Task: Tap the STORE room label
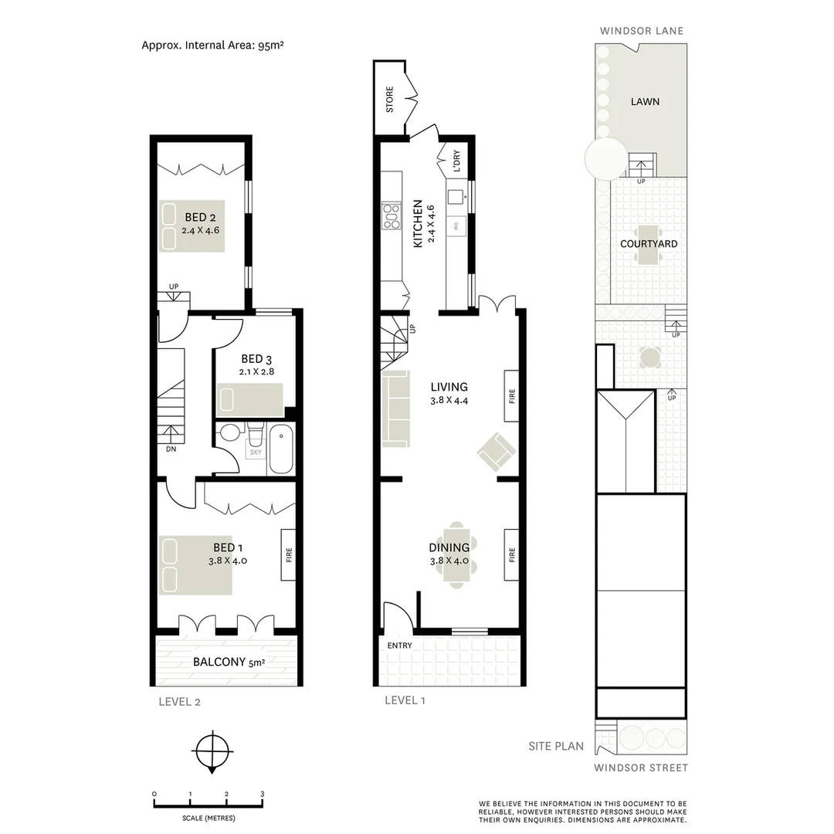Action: (389, 100)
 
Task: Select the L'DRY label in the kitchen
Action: (456, 160)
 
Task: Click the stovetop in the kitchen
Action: (392, 215)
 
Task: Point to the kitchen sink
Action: (456, 196)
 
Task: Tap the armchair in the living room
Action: (495, 451)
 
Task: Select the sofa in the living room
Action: (395, 409)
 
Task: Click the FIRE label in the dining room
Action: (511, 554)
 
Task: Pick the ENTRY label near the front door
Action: (400, 646)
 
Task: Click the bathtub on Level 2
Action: (280, 449)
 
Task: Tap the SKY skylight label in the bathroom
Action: (256, 452)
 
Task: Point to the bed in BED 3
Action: (249, 399)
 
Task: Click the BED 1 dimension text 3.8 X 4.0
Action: (228, 561)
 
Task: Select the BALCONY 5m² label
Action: (229, 662)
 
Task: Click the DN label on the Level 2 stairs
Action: (171, 449)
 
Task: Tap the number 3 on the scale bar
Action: (263, 794)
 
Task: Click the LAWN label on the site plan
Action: (645, 101)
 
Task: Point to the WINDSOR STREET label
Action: (640, 768)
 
